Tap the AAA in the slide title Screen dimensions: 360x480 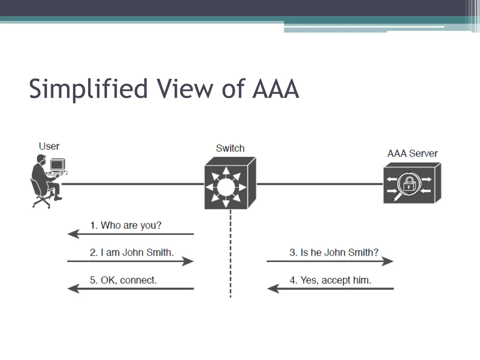point(276,89)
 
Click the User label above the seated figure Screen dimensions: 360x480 point(49,146)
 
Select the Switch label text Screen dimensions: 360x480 point(230,148)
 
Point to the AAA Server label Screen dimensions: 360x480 point(412,153)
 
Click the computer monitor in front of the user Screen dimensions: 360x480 point(57,165)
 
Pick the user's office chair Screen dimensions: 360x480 point(41,197)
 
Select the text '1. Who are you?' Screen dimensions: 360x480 point(126,225)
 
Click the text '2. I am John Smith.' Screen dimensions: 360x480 point(132,252)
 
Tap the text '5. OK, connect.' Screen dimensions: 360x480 point(123,280)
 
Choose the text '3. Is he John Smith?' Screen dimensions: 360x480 point(334,252)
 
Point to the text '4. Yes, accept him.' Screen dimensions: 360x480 point(330,280)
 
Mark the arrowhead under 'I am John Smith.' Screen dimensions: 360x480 point(189,261)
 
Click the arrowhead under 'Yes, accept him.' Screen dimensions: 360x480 point(272,288)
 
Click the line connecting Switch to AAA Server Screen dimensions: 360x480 point(319,184)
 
